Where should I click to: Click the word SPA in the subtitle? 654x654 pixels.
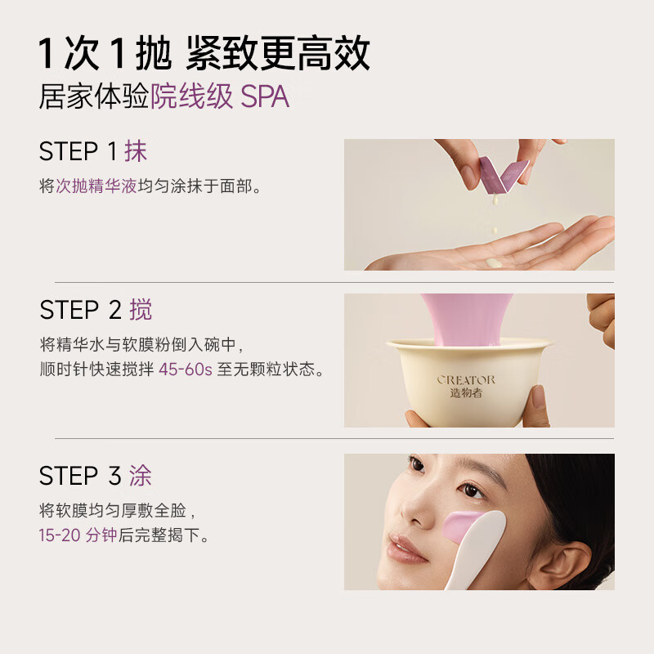click(x=265, y=96)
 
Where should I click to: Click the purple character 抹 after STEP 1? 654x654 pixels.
click(x=136, y=151)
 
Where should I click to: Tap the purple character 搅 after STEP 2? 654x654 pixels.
click(x=140, y=310)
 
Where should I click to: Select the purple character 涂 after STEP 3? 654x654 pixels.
click(x=140, y=476)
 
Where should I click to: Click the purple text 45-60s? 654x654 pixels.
click(x=185, y=370)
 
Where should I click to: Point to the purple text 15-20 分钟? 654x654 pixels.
click(x=78, y=535)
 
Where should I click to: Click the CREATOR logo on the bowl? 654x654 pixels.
click(x=466, y=379)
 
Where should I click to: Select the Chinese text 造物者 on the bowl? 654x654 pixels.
click(x=466, y=392)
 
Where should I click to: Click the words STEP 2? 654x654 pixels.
click(x=80, y=311)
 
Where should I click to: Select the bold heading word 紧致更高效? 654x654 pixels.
click(x=278, y=53)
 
